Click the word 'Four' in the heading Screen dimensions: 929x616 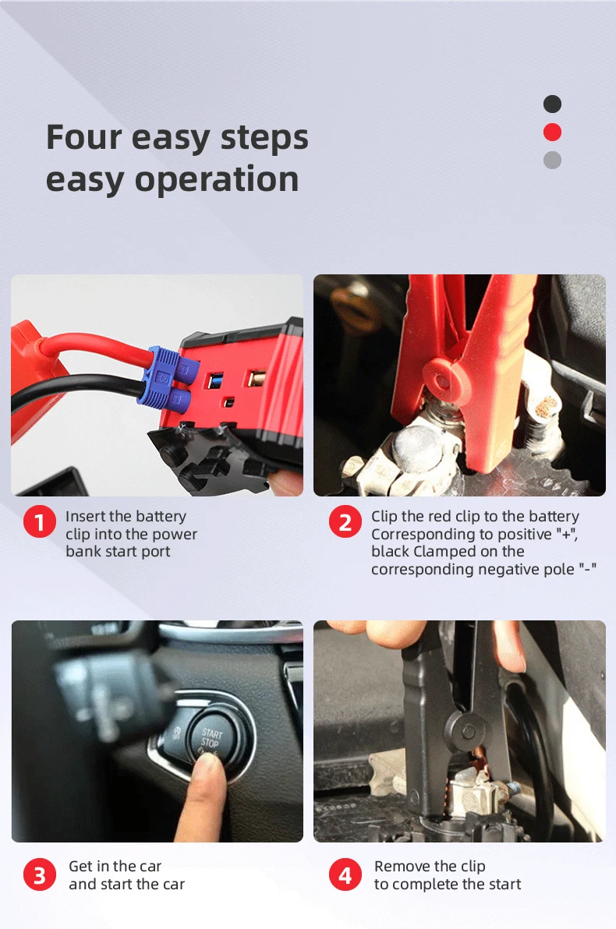(x=83, y=138)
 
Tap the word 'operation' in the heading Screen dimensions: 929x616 (x=216, y=179)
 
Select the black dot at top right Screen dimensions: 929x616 (x=552, y=104)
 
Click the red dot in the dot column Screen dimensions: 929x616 (x=552, y=132)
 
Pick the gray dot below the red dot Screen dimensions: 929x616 (x=552, y=160)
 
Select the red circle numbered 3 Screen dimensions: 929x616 (x=39, y=875)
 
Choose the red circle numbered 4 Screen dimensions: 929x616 (x=345, y=875)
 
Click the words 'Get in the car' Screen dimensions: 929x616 (x=115, y=867)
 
